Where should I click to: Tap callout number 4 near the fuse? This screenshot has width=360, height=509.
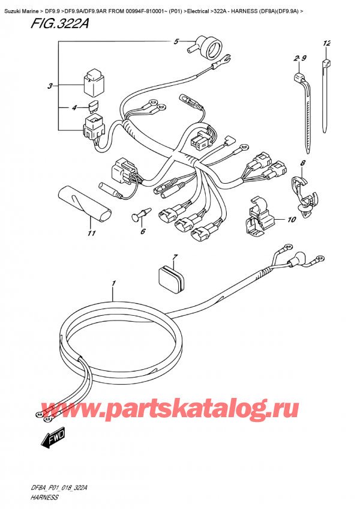(74, 108)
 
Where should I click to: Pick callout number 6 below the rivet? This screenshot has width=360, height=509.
(143, 232)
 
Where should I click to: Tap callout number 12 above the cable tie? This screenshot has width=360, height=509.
(326, 43)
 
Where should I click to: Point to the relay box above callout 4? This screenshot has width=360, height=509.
(92, 83)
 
